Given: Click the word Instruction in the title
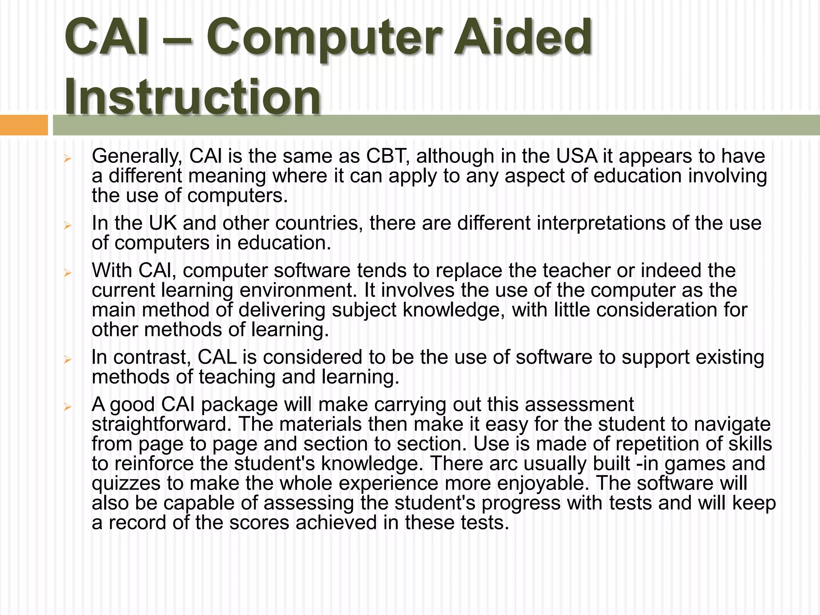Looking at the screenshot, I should click(x=192, y=97).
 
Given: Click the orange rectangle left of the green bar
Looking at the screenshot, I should click(x=24, y=125).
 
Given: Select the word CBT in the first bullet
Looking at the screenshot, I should click(x=388, y=156).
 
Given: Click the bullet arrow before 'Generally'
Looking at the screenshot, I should click(x=68, y=159).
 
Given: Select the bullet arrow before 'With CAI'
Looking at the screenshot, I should click(x=68, y=273).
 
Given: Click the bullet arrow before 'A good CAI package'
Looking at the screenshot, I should click(x=68, y=407).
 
